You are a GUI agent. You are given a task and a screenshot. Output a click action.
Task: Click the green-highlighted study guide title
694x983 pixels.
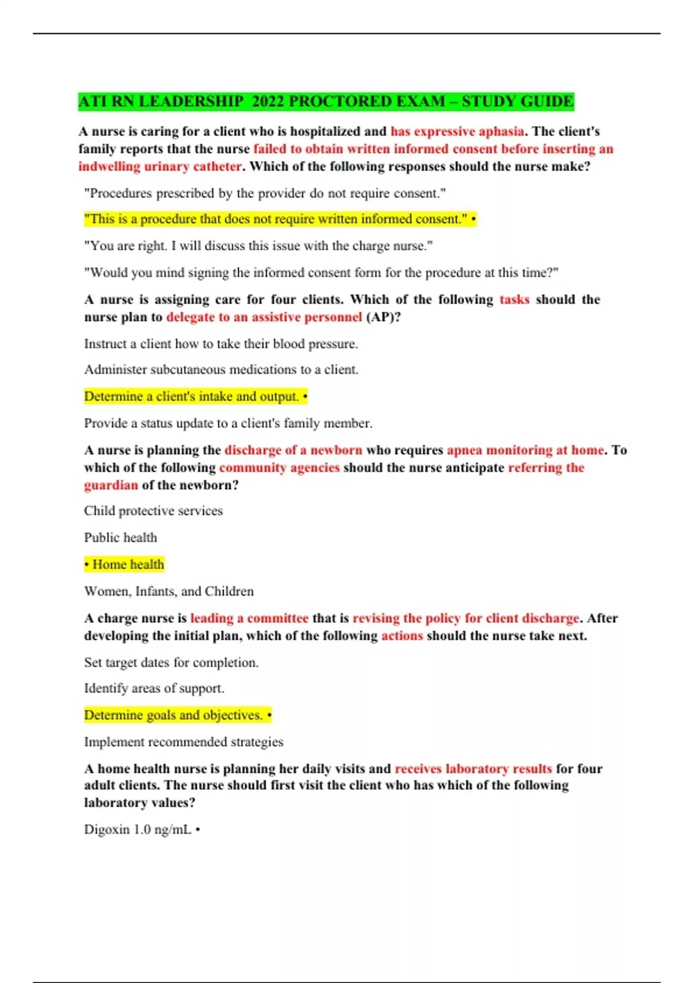(x=326, y=101)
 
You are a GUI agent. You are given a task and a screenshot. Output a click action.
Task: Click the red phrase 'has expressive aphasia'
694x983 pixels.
(x=457, y=131)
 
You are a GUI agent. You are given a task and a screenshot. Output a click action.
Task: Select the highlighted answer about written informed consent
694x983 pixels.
(x=280, y=219)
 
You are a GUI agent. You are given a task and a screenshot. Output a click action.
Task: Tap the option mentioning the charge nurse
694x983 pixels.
(x=258, y=246)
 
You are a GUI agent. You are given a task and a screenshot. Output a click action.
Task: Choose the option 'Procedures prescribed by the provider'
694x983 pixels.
(x=265, y=193)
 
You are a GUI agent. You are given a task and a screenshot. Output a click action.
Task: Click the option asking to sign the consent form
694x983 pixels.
(x=321, y=272)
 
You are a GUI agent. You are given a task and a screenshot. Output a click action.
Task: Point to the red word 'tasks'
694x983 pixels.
(x=514, y=300)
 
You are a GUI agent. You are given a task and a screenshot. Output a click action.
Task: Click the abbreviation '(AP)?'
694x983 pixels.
(x=383, y=317)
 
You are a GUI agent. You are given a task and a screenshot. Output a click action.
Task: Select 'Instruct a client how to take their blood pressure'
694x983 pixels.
(x=221, y=343)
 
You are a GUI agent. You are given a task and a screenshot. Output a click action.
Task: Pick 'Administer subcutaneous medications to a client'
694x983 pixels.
(x=221, y=369)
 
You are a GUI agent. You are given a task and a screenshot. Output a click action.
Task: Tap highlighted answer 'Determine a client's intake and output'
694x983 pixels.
(x=195, y=397)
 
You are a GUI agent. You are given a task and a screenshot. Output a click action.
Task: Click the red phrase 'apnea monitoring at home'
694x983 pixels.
(x=525, y=450)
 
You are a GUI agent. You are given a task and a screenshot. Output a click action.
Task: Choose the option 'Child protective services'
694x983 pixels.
(x=153, y=511)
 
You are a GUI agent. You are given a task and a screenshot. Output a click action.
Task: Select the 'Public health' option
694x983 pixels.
(x=120, y=537)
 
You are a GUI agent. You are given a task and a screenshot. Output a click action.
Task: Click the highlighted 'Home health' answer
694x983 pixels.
(x=124, y=564)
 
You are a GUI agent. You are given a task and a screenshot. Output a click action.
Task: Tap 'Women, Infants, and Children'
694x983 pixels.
(x=169, y=591)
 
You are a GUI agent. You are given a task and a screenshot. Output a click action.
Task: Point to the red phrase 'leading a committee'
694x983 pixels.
(x=249, y=618)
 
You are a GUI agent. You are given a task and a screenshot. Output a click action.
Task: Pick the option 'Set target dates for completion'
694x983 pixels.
(x=171, y=662)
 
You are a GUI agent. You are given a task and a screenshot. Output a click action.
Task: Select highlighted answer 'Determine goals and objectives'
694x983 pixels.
(x=178, y=715)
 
